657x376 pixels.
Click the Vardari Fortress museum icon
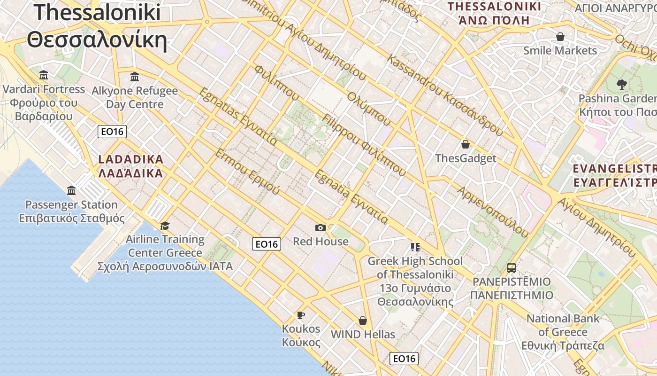coord(44,75)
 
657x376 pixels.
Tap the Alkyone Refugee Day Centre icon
coord(135,77)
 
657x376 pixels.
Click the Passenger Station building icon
coord(71,190)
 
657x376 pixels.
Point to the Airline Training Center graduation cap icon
coord(164,226)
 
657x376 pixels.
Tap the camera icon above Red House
coord(321,228)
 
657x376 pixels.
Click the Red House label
coord(321,242)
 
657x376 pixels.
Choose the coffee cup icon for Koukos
coord(301,315)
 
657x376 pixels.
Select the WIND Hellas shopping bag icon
coord(362,321)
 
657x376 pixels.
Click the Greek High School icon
coord(415,247)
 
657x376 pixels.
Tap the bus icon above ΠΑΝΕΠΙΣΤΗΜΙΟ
coord(512,268)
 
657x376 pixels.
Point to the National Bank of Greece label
coord(563,332)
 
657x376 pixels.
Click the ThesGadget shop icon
coord(466,144)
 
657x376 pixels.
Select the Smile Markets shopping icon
coord(560,37)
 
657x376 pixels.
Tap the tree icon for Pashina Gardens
coord(622,85)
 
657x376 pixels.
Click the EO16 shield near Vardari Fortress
coord(112,132)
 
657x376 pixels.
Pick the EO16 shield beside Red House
coord(267,244)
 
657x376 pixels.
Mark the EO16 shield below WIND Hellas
coord(404,359)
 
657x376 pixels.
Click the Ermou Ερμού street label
coord(247,172)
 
